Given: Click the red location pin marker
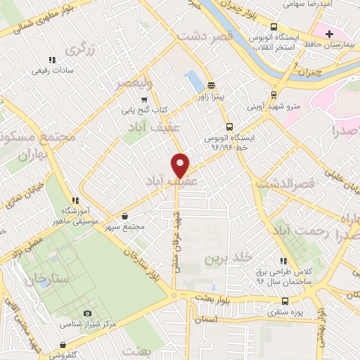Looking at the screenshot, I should click(181, 165).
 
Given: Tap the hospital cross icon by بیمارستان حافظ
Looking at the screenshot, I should click(329, 34).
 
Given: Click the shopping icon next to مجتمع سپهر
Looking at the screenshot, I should click(125, 216).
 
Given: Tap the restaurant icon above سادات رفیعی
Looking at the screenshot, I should click(50, 60).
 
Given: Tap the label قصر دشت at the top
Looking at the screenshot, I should click(218, 36).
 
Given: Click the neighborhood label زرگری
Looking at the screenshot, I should click(79, 49).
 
